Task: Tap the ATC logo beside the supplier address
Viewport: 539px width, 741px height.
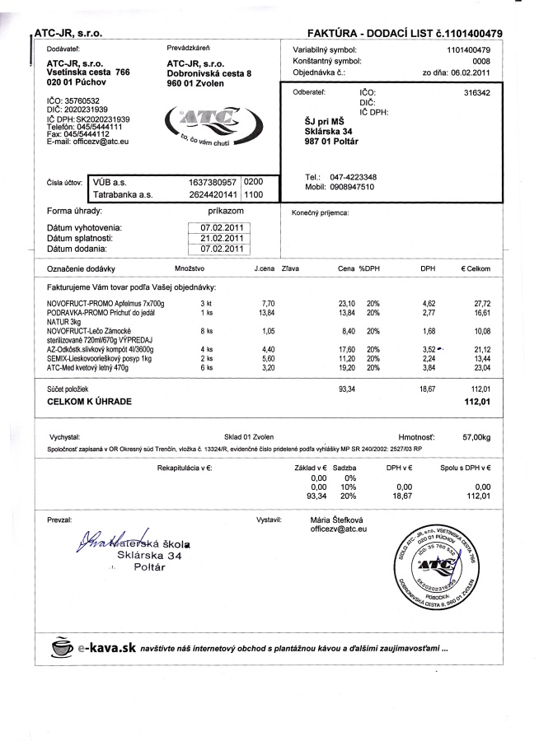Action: click(x=202, y=124)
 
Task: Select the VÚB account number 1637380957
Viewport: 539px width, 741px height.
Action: click(x=213, y=181)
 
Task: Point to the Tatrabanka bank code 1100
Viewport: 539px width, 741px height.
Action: click(x=254, y=195)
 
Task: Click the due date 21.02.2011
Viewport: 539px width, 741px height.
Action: click(x=222, y=237)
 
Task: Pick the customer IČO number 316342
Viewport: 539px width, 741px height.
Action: click(x=477, y=93)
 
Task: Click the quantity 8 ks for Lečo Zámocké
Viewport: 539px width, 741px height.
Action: click(x=206, y=331)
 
